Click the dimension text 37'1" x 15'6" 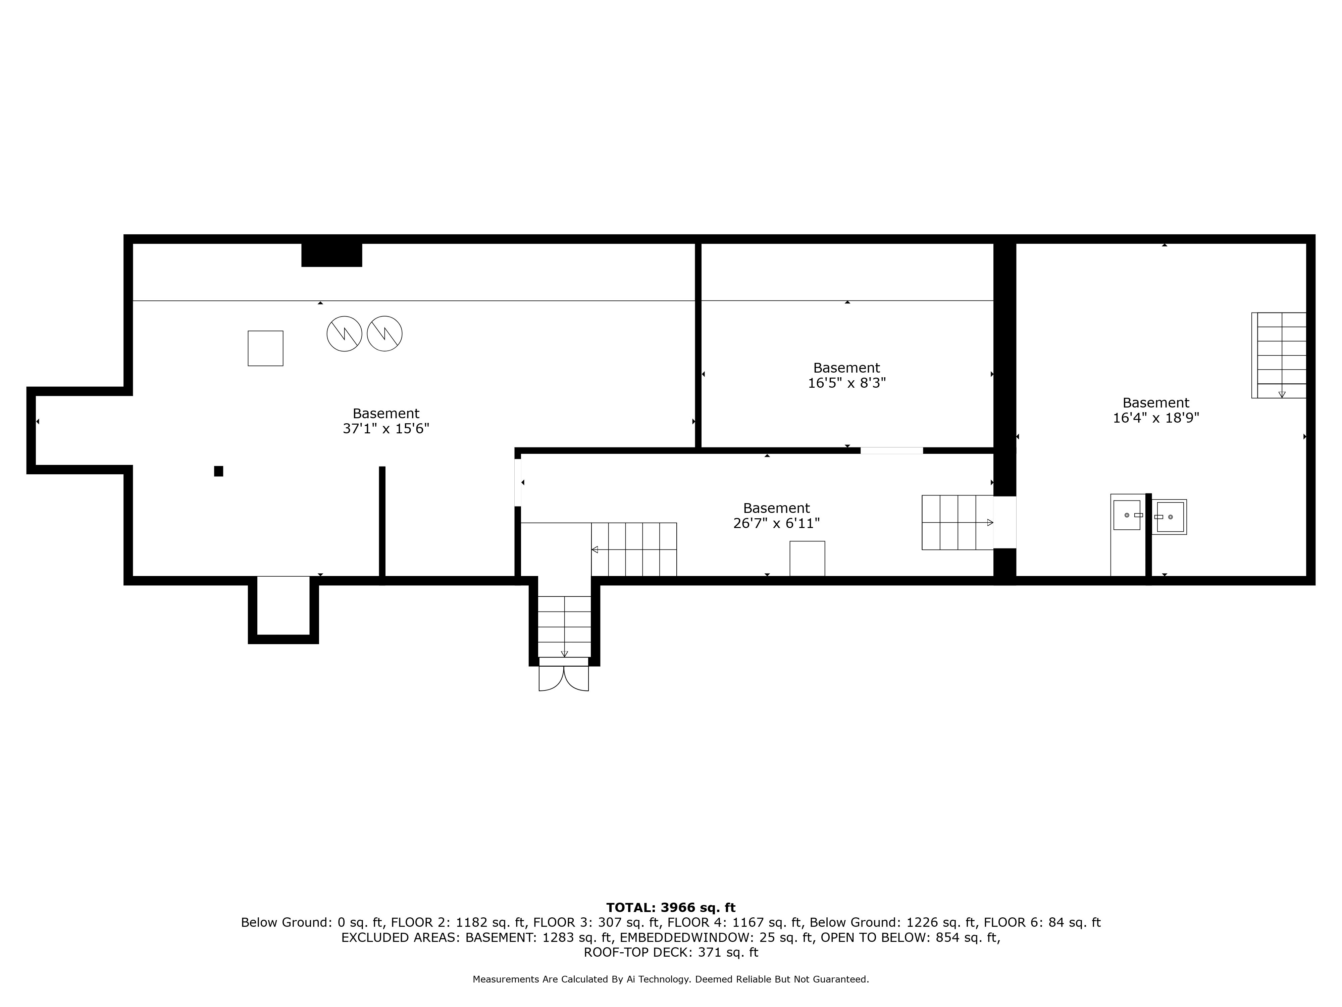point(386,429)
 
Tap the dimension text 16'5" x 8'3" point(846,383)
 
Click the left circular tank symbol point(344,333)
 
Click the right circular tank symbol point(384,333)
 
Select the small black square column point(218,471)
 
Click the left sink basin point(1127,515)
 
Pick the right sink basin point(1170,517)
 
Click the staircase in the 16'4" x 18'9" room point(1279,355)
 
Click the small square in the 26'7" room point(807,559)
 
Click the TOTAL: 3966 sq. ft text point(670,907)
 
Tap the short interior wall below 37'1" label point(382,522)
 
